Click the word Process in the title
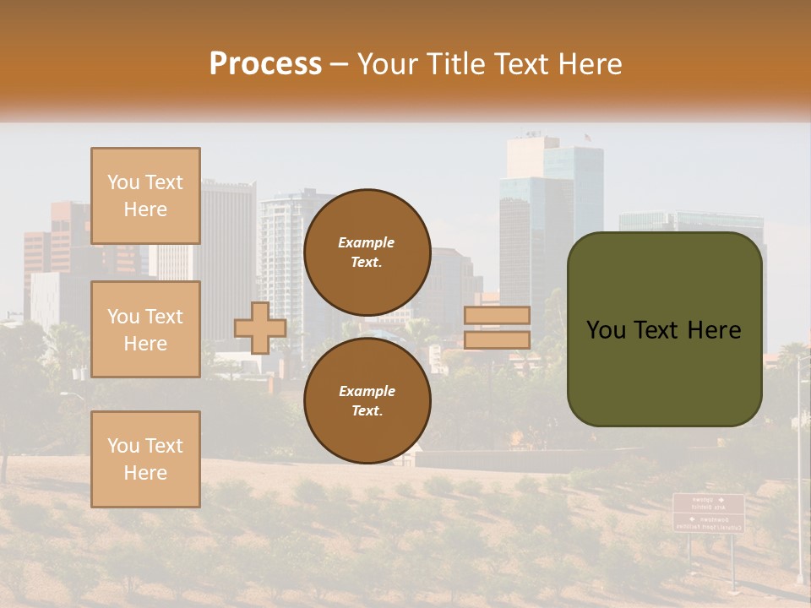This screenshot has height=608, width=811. [265, 64]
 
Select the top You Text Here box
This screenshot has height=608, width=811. [145, 196]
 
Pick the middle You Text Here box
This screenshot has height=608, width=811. [145, 329]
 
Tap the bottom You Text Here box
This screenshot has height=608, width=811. [145, 459]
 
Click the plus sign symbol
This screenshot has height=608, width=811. [260, 328]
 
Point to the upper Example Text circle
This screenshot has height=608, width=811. [367, 252]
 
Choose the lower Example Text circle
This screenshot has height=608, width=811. [367, 401]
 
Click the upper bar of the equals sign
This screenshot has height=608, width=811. [497, 316]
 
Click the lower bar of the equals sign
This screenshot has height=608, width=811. [497, 339]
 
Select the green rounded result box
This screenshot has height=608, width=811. [664, 329]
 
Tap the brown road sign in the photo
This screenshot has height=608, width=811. [708, 513]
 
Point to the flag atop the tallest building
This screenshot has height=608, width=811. [586, 137]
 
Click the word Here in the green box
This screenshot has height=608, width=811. [714, 329]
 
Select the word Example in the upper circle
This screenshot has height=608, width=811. [366, 242]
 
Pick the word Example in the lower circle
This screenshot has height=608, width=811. [367, 391]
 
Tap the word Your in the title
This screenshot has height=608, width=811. [387, 64]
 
